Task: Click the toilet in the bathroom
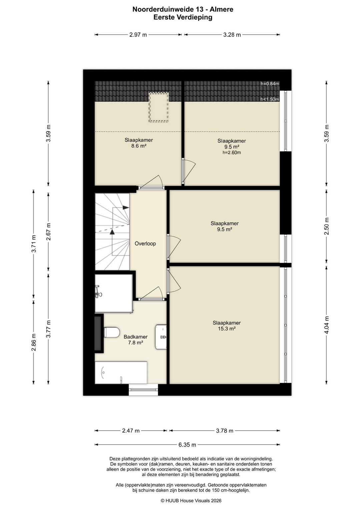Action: point(112,333)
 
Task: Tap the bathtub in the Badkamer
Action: point(121,372)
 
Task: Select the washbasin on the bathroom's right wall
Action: point(161,337)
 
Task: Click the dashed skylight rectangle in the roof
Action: point(159,107)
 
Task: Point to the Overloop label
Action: point(145,243)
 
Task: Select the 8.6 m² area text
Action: point(139,146)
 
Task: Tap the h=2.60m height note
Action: point(232,152)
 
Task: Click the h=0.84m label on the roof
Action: point(270,84)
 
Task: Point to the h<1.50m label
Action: point(270,99)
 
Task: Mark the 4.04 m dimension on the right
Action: point(326,325)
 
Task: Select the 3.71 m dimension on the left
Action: point(34,243)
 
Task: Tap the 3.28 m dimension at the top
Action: point(232,35)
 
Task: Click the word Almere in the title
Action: point(221,10)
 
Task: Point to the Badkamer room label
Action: point(135,337)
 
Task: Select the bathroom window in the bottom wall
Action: point(143,390)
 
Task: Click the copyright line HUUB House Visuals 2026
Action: point(191,501)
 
